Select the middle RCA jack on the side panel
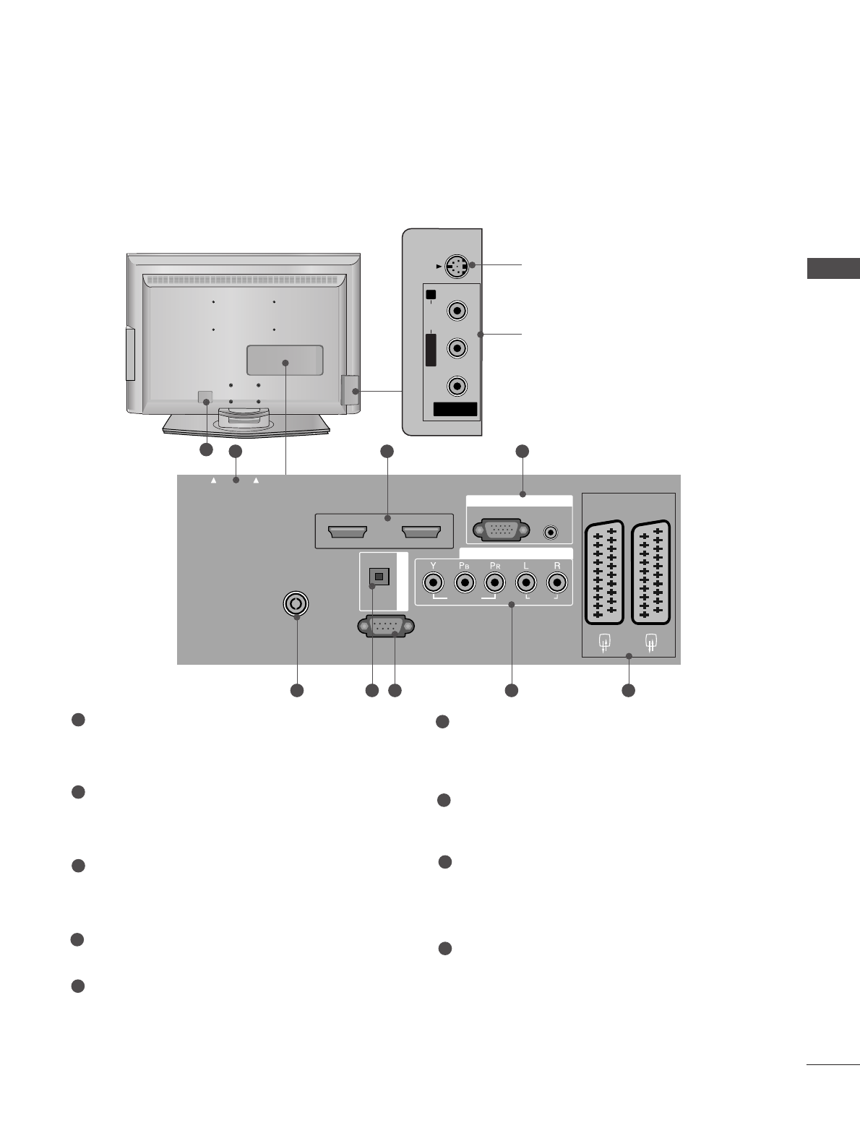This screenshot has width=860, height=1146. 457,348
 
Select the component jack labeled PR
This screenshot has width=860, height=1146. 494,581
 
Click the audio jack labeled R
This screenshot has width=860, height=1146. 556,581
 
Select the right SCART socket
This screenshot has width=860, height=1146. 651,572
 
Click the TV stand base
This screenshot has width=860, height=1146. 246,426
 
